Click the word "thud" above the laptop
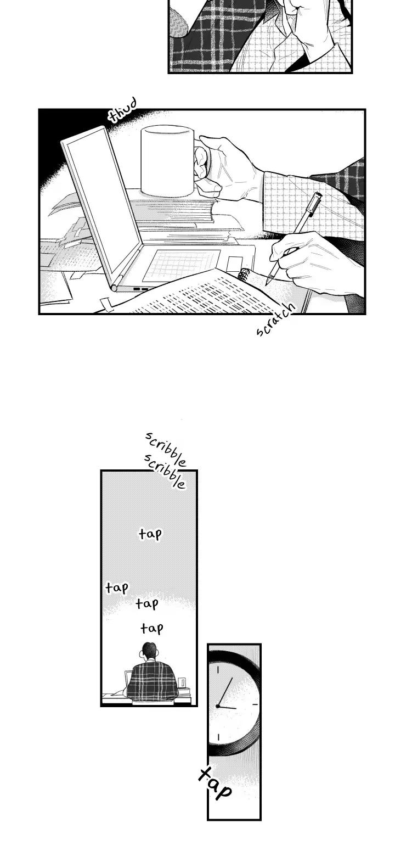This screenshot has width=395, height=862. pyautogui.click(x=122, y=110)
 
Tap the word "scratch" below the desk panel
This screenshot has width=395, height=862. pyautogui.click(x=276, y=320)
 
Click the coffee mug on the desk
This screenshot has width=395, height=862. pyautogui.click(x=168, y=161)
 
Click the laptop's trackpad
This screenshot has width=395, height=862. pyautogui.click(x=181, y=265)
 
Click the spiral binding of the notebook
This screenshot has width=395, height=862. pyautogui.click(x=242, y=275)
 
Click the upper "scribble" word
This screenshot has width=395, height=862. pyautogui.click(x=165, y=449)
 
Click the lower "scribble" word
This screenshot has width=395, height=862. pyautogui.click(x=165, y=471)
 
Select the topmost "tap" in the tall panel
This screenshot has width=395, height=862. pyautogui.click(x=150, y=534)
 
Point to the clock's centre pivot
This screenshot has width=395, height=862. pyautogui.click(x=218, y=706)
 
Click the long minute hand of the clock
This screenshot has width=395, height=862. pyautogui.click(x=225, y=692)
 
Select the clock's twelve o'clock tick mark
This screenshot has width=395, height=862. pyautogui.click(x=218, y=669)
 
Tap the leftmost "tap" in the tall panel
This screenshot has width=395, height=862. pyautogui.click(x=117, y=587)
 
